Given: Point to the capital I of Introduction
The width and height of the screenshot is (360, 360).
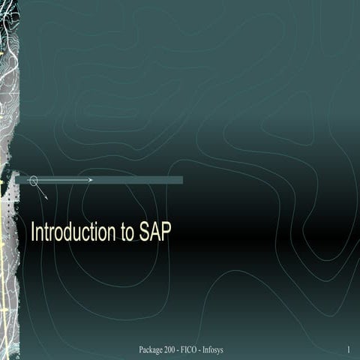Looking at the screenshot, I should pos(32,232).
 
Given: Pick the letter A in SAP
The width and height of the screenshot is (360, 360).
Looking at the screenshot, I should pos(155,232).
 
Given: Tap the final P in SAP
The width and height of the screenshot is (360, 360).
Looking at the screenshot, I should pos(166,232).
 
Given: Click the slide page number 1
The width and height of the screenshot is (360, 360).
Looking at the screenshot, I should pos(349,350).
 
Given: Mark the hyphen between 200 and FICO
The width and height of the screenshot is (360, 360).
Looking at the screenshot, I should pos(184,350).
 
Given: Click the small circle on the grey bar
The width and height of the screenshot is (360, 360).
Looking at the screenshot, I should pos(33,180).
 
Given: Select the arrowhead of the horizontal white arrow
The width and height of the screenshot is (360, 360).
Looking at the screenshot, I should pos(91,180).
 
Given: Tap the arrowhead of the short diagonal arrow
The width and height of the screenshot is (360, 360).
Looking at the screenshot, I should pos(46,197).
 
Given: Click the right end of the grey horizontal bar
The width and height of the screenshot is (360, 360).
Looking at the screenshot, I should pos(181,180).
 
